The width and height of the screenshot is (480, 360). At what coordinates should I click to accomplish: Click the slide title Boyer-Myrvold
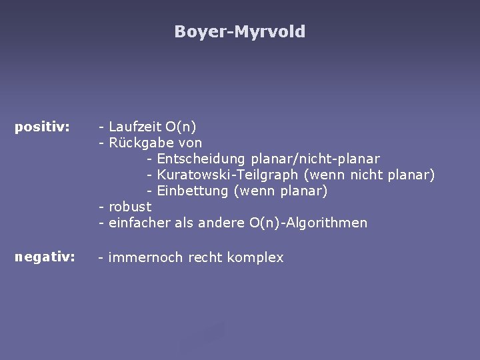coord(240,31)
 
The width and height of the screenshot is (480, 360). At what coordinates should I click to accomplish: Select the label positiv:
coord(43,127)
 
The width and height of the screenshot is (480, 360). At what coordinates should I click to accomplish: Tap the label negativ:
coord(44,257)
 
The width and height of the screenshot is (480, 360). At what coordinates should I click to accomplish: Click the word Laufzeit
coord(135,127)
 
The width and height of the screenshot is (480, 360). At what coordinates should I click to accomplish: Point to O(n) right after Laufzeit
coord(181,127)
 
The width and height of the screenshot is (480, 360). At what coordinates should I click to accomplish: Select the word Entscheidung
coord(201,159)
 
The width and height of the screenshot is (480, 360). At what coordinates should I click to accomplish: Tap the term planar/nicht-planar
coord(315,159)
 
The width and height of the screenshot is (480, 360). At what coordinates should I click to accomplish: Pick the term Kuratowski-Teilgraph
coord(228,175)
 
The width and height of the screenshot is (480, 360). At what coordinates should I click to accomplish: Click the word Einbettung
coord(193,191)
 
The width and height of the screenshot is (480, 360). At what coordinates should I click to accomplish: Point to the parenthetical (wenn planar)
coord(280,191)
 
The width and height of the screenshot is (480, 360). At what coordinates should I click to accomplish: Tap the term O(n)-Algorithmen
coord(308,223)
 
